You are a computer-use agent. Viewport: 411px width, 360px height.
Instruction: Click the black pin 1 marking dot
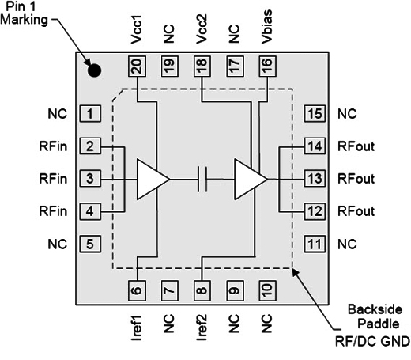(x=94, y=70)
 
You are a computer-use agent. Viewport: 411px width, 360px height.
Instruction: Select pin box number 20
(x=137, y=66)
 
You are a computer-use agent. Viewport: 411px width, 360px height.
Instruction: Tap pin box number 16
(x=267, y=66)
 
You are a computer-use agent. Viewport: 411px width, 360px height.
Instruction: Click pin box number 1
(x=90, y=114)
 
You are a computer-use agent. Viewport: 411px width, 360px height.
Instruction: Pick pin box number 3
(x=90, y=179)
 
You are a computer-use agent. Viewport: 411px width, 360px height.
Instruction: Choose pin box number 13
(x=315, y=179)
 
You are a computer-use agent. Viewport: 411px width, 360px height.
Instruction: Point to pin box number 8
(x=202, y=290)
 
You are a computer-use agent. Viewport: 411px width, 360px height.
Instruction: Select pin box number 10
(x=267, y=290)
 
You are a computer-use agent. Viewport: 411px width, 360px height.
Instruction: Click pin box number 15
(x=315, y=114)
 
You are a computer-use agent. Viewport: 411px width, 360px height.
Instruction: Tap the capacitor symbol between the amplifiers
(x=202, y=179)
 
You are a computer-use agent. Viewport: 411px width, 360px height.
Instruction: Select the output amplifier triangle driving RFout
(x=251, y=179)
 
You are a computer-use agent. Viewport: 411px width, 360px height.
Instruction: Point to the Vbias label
(x=266, y=27)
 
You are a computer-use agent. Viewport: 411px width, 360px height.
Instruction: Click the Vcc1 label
(x=137, y=29)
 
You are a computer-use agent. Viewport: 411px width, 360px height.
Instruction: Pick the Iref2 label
(x=202, y=328)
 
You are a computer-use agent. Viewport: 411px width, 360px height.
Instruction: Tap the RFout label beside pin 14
(x=356, y=146)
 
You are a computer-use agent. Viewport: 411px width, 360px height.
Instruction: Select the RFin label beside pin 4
(x=53, y=211)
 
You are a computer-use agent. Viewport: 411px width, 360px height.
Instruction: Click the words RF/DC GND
(x=372, y=342)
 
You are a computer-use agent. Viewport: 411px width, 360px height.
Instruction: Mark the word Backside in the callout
(x=375, y=309)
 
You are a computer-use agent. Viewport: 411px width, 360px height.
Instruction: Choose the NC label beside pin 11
(x=347, y=244)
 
